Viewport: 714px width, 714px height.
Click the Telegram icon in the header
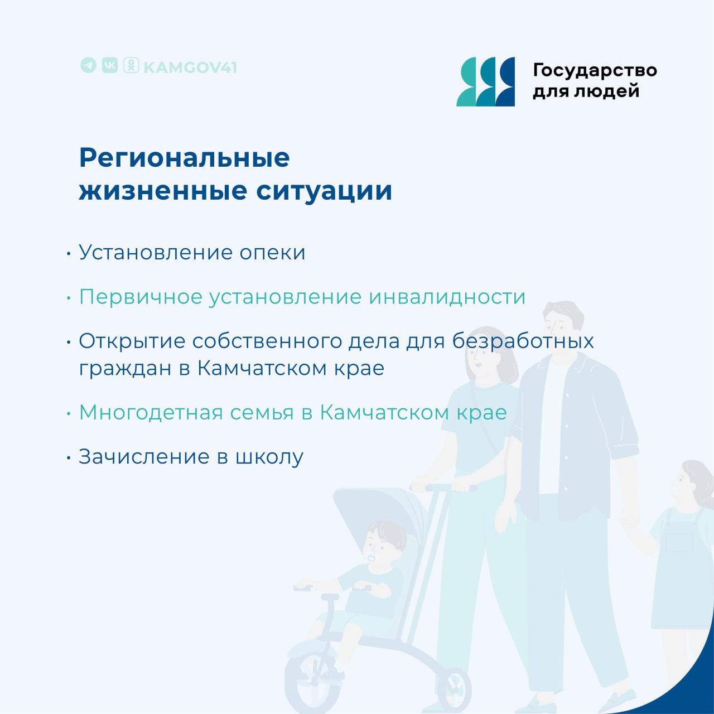(88, 66)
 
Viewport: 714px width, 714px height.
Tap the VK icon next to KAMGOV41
(110, 66)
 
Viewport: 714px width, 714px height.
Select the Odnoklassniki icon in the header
(131, 66)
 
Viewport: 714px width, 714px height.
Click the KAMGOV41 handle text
(190, 67)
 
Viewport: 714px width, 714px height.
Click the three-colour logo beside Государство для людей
(485, 81)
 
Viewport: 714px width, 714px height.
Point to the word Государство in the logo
(595, 70)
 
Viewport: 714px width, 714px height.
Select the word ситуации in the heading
(324, 191)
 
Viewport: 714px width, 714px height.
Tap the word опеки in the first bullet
(272, 253)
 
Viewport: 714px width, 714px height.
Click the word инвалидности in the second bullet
(447, 297)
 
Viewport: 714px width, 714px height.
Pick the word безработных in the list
(523, 341)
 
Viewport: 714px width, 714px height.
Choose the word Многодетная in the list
(151, 412)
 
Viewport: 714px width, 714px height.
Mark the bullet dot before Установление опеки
(69, 254)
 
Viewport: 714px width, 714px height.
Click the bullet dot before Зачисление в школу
(69, 458)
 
